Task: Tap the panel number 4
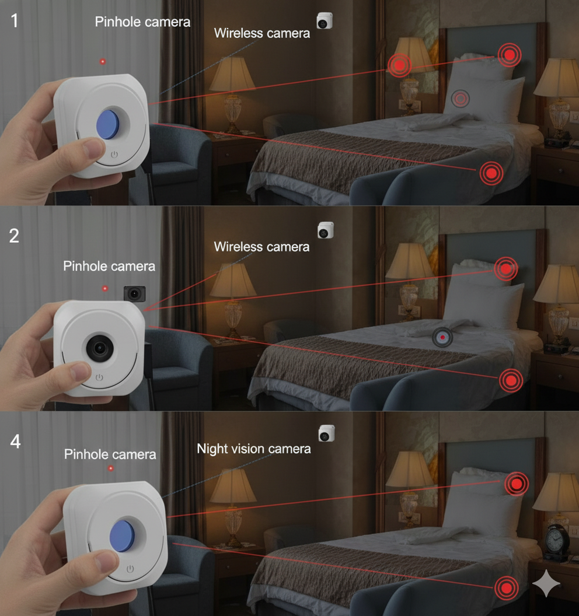point(16,442)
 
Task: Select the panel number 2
point(14,236)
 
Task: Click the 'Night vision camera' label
point(253,449)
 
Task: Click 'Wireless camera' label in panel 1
point(261,33)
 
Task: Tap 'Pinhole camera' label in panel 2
point(109,267)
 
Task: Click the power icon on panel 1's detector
point(114,156)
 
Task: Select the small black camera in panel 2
point(134,293)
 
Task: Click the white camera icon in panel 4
point(326,433)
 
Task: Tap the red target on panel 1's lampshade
point(400,65)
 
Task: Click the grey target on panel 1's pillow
point(461,99)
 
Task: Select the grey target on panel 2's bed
point(443,337)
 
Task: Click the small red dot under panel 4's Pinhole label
point(110,468)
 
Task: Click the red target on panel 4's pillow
point(516,484)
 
